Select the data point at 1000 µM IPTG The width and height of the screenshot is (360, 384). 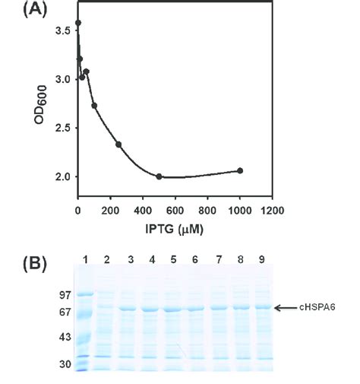click(240, 170)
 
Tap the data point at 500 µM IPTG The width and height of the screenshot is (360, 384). click(159, 176)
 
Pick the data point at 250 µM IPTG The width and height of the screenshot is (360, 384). click(118, 144)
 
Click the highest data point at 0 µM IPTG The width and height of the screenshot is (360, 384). click(78, 23)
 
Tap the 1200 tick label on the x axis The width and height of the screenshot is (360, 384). click(271, 209)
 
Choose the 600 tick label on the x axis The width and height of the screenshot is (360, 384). click(175, 209)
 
